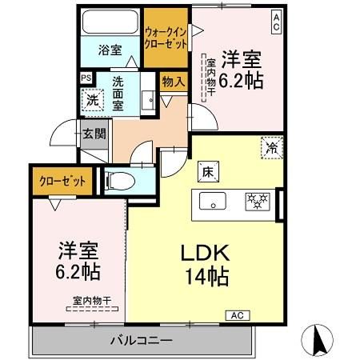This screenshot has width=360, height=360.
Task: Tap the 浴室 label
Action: point(110,50)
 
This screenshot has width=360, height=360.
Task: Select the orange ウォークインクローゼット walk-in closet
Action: point(166,38)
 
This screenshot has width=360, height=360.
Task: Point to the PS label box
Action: point(86,78)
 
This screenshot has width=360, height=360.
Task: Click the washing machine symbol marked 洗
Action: point(91,102)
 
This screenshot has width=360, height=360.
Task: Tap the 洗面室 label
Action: point(117,92)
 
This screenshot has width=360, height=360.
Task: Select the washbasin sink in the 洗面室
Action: point(148,99)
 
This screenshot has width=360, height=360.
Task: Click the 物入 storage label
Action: point(174,81)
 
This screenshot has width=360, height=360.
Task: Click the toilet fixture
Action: point(114,181)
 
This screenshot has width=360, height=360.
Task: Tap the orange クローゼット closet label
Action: point(62,182)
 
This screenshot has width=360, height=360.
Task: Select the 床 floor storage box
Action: point(206,170)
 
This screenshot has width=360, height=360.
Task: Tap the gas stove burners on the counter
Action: point(255,199)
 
